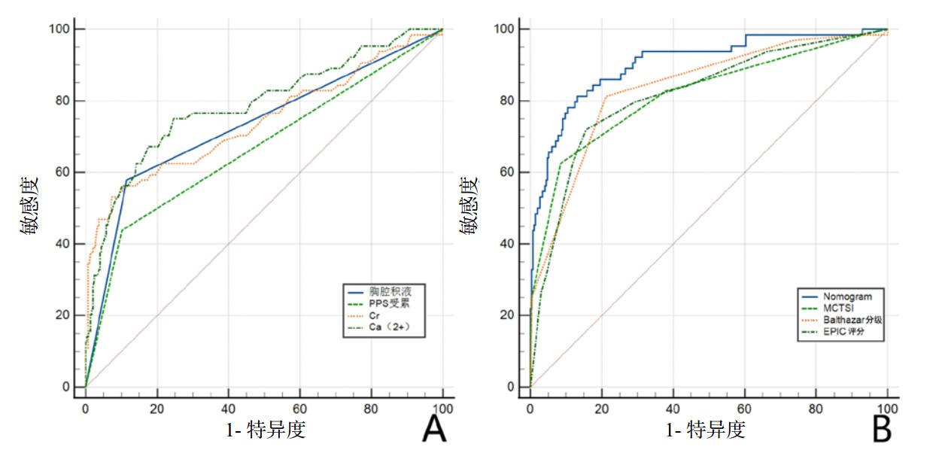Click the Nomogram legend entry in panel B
pos(841,295)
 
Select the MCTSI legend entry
pos(836,307)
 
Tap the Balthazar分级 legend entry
pos(846,319)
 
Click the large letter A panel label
pos(435,430)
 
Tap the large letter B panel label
pos(881,430)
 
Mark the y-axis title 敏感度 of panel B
pos(469,207)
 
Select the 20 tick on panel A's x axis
pos(157,409)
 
